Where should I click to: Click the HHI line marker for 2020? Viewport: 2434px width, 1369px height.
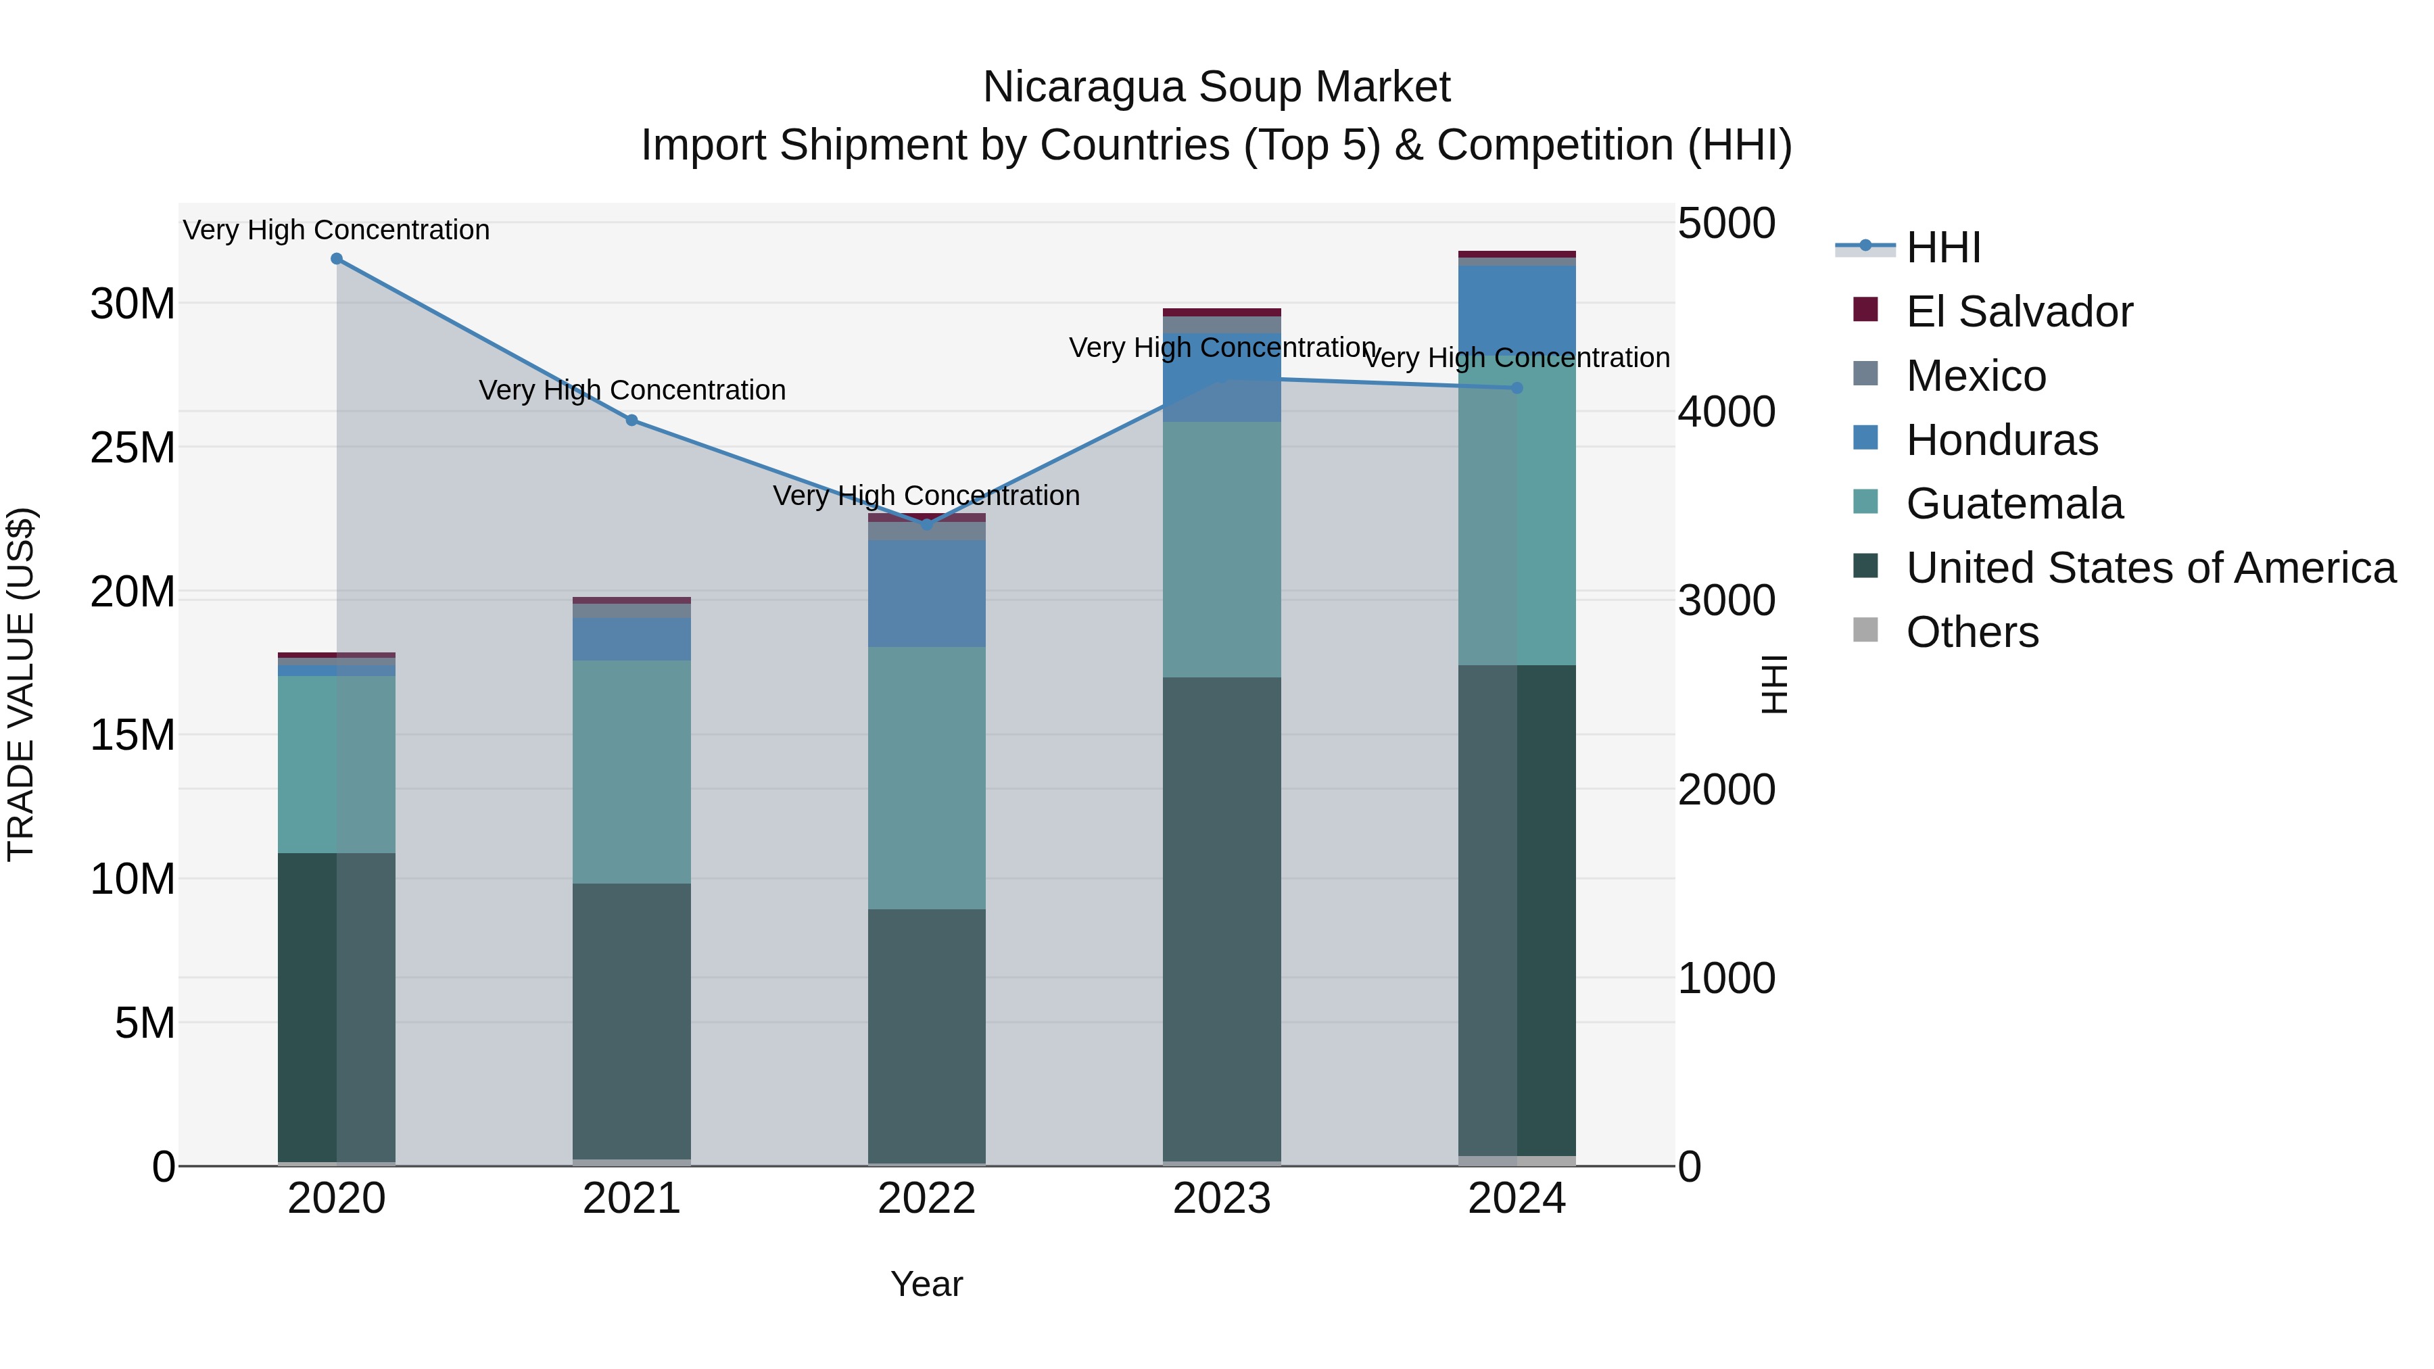click(x=337, y=259)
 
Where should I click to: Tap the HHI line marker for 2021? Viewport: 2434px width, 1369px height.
click(x=632, y=421)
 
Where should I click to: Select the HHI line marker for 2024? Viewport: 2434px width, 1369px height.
click(x=1517, y=388)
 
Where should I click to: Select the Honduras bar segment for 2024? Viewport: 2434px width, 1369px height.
click(x=1517, y=312)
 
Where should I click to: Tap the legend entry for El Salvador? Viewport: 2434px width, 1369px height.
click(x=2018, y=312)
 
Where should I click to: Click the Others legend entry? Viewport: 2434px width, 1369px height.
click(x=1972, y=632)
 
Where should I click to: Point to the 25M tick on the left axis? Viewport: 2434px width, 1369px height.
click(x=133, y=448)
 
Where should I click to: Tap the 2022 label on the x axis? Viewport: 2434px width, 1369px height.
click(x=926, y=1199)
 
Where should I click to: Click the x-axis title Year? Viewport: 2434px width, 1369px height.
click(x=926, y=1284)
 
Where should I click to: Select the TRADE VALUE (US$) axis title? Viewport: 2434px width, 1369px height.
click(x=21, y=684)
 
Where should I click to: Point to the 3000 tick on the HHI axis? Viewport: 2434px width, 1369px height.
click(x=1725, y=601)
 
